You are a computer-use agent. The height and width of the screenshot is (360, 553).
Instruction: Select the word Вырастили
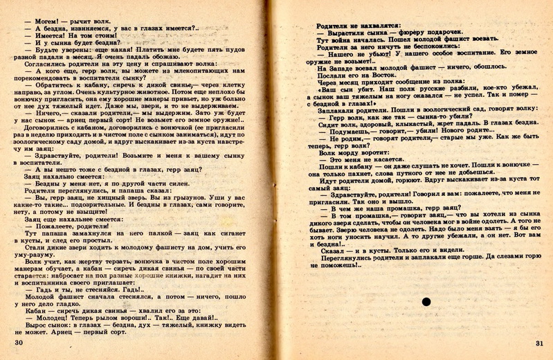click(350, 33)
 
